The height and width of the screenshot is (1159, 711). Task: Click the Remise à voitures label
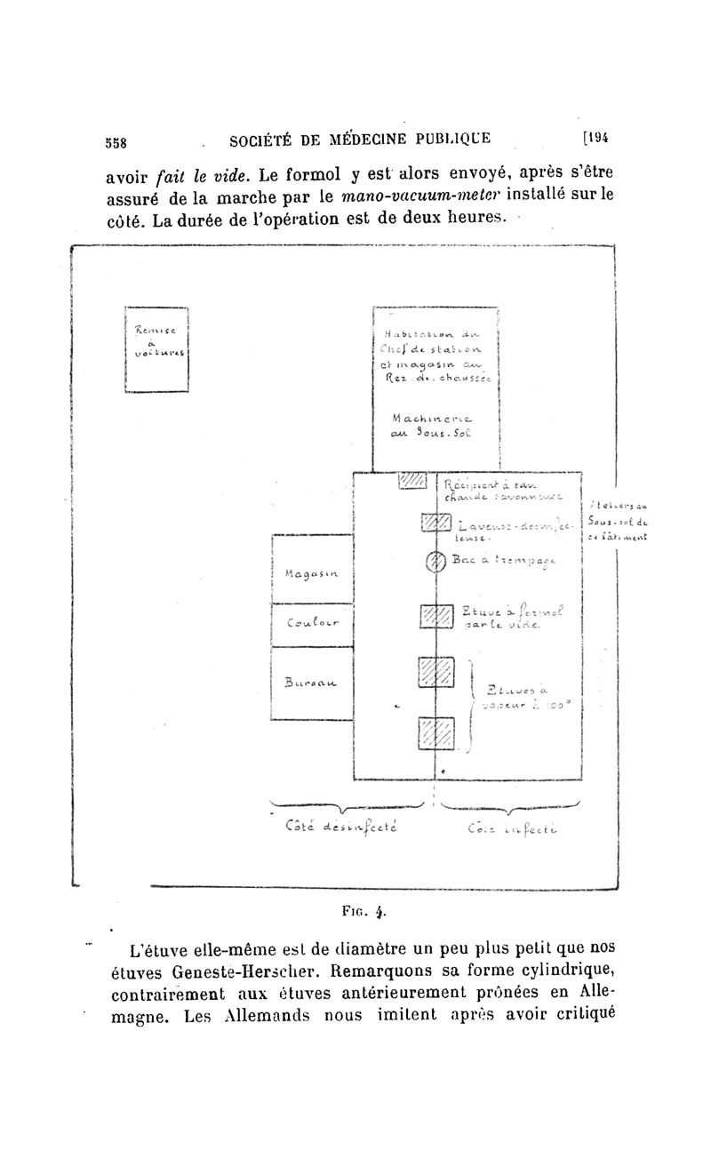pyautogui.click(x=157, y=341)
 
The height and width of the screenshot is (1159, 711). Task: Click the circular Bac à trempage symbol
pyautogui.click(x=435, y=561)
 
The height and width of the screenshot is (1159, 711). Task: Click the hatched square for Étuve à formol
pyautogui.click(x=436, y=616)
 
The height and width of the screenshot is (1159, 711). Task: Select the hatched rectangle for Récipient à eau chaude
pyautogui.click(x=413, y=481)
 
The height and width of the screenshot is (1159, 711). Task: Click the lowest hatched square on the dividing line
pyautogui.click(x=436, y=735)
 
